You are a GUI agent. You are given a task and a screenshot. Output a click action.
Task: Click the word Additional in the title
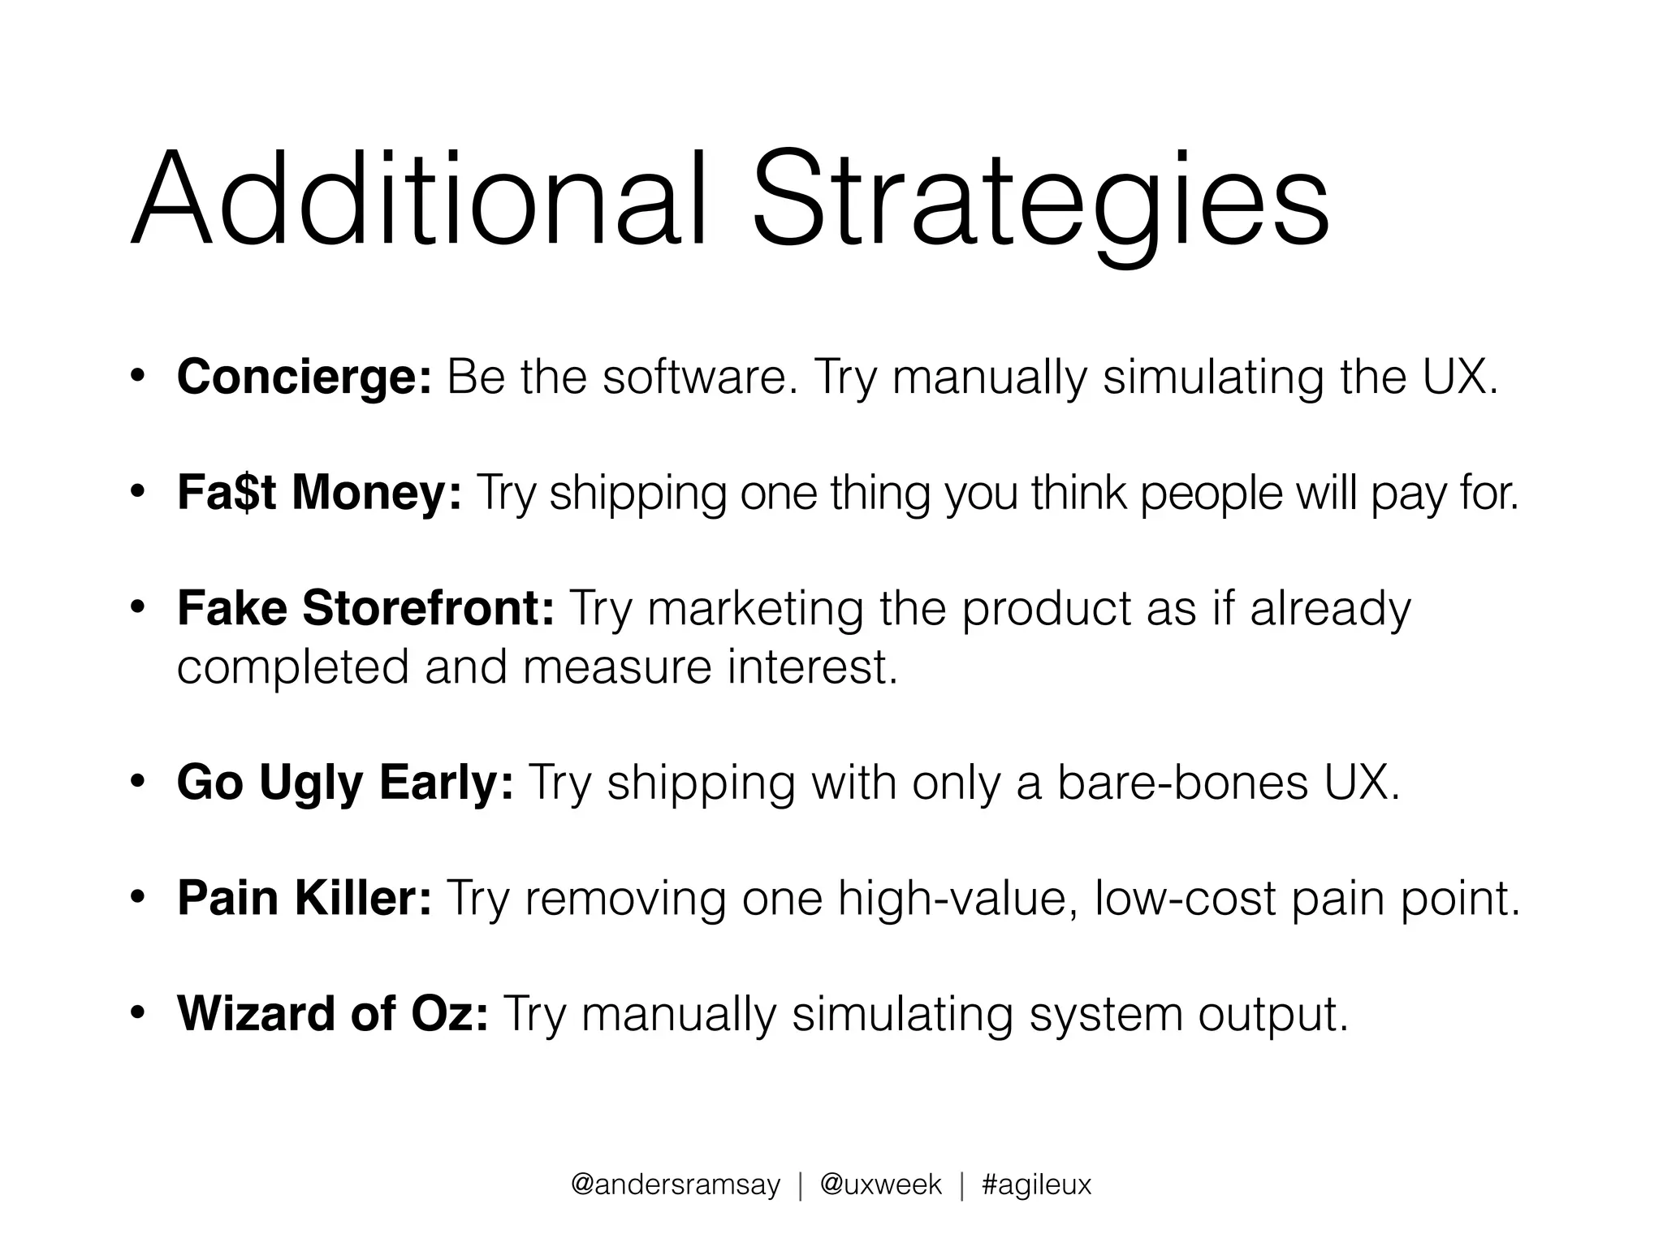418,199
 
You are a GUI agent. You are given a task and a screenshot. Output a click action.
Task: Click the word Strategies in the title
1040,203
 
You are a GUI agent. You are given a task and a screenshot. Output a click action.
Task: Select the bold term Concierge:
305,378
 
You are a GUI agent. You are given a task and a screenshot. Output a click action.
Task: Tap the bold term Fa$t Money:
319,493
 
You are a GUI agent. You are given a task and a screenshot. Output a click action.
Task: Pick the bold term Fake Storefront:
365,608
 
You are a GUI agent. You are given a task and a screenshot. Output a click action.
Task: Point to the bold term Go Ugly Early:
345,783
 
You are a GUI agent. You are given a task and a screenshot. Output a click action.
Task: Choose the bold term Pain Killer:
305,899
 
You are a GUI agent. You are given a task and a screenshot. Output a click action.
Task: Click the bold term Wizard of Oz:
333,1014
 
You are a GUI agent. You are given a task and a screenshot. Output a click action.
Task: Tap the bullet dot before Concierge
138,377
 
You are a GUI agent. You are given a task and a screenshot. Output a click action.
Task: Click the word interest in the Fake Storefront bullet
812,667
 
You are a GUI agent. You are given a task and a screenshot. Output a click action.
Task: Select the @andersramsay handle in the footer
675,1185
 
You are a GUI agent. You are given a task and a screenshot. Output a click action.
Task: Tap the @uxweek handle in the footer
880,1185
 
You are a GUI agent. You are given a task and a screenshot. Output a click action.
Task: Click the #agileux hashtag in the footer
1036,1185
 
